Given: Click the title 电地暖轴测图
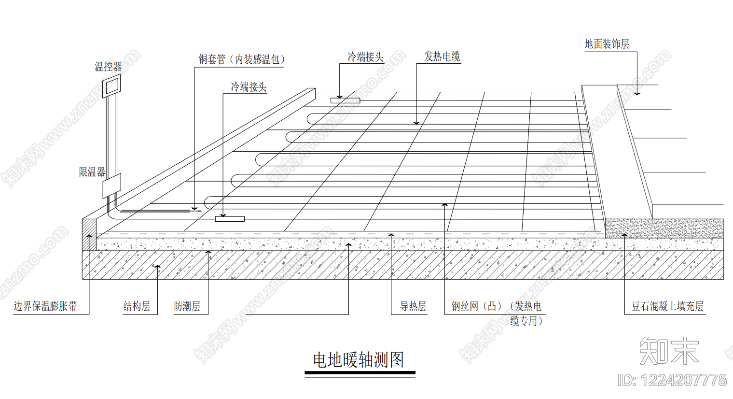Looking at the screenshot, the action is tap(359, 360).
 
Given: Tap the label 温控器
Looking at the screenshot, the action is tap(108, 67).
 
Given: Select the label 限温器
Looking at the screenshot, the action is tap(92, 171).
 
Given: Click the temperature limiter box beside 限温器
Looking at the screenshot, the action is tap(111, 186).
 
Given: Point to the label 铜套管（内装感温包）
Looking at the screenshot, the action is tap(241, 59).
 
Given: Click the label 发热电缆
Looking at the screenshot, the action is tap(442, 57).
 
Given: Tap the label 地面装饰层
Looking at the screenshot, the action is tap(607, 44).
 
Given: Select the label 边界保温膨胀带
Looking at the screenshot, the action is tap(45, 306).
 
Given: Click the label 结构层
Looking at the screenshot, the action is tap(137, 306).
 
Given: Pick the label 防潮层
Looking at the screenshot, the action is tap(187, 306).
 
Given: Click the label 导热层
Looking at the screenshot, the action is tap(413, 306).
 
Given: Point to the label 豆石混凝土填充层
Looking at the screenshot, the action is tap(667, 306).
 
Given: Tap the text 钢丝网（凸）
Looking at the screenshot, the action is tap(476, 306).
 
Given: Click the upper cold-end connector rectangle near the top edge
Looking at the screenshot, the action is tap(345, 100).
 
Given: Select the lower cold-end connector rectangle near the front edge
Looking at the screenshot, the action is tap(230, 219).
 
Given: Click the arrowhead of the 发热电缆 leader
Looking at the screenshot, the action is tap(416, 123).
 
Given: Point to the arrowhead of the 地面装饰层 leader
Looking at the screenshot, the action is tap(637, 94).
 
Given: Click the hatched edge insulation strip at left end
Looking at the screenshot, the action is tap(89, 235).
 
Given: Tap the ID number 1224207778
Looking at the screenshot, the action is tap(683, 380).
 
